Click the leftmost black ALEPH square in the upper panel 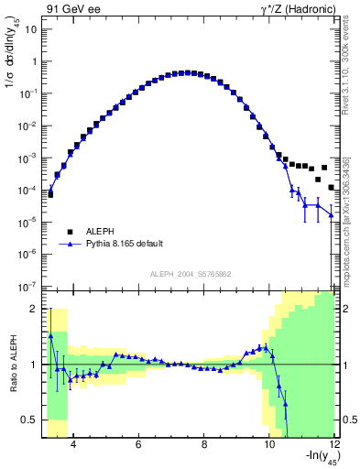(x=51, y=194)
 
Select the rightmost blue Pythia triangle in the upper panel (x=332, y=216)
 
